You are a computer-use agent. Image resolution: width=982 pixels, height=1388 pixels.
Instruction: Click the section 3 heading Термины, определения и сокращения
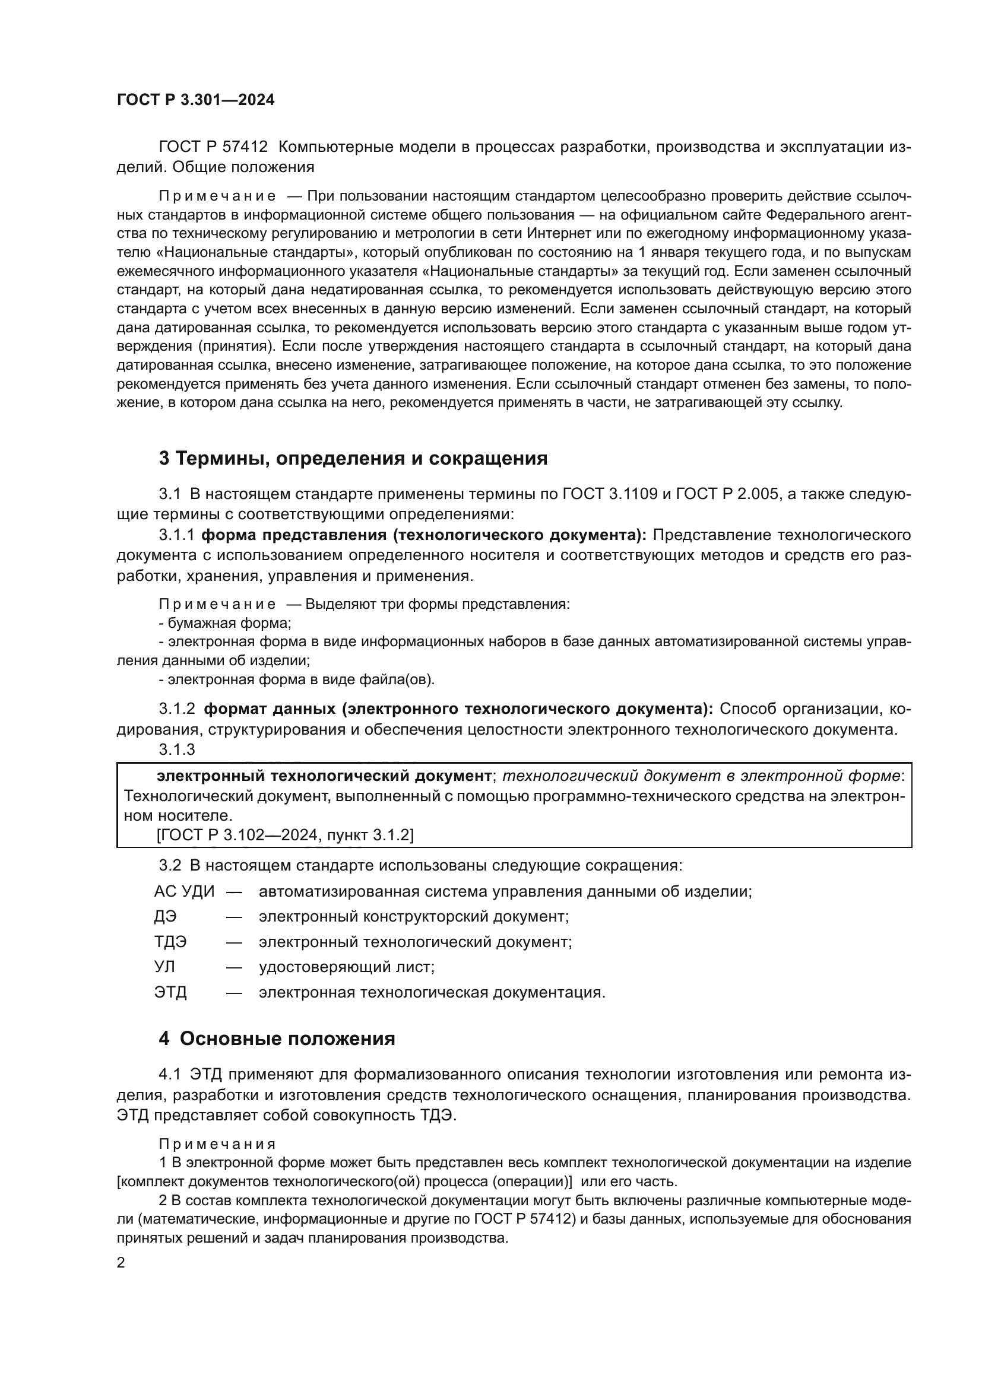tap(353, 458)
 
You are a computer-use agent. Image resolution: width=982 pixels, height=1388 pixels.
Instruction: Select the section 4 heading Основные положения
tap(277, 1038)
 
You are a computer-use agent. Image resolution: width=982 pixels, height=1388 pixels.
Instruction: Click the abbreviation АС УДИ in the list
tap(184, 892)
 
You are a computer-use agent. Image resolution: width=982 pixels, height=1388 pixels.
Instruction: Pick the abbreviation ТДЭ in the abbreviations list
tap(170, 942)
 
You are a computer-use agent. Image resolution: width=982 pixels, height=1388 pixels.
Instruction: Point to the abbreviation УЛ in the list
tap(164, 967)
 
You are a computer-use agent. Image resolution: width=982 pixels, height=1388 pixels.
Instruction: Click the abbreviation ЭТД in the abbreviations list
tap(170, 992)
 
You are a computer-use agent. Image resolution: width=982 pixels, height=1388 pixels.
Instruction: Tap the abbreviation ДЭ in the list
tap(165, 916)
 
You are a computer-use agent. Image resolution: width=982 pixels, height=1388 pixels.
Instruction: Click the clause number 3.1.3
tap(176, 749)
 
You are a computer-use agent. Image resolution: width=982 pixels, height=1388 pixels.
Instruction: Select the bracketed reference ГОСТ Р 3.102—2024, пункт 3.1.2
tap(286, 835)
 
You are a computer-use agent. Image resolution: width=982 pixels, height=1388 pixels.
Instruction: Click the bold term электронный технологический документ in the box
tap(324, 776)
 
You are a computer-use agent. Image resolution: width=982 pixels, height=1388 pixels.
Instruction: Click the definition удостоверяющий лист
tap(347, 967)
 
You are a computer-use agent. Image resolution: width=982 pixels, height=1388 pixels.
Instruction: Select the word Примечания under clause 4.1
tap(217, 1144)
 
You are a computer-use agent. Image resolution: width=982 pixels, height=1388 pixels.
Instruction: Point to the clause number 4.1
tap(170, 1074)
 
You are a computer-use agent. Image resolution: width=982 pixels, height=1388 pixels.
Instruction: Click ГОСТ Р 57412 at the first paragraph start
tap(213, 147)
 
